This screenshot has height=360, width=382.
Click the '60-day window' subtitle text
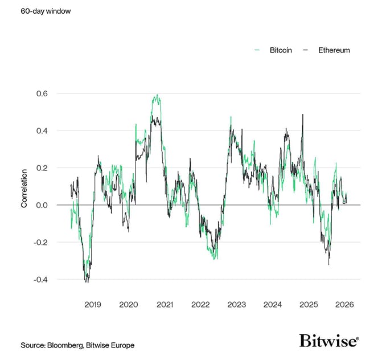click(x=46, y=11)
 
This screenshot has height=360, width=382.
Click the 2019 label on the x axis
click(x=93, y=305)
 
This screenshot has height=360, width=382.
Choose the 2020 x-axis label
click(x=129, y=305)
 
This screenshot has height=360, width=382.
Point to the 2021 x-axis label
click(x=165, y=305)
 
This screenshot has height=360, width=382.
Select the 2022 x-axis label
click(x=201, y=305)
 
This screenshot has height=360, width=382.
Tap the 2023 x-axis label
click(x=237, y=305)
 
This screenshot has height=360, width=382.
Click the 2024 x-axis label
click(x=273, y=305)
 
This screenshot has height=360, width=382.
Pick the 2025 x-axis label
click(x=309, y=305)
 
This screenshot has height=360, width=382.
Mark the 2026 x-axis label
click(x=344, y=305)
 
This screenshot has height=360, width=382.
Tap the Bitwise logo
click(x=329, y=341)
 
